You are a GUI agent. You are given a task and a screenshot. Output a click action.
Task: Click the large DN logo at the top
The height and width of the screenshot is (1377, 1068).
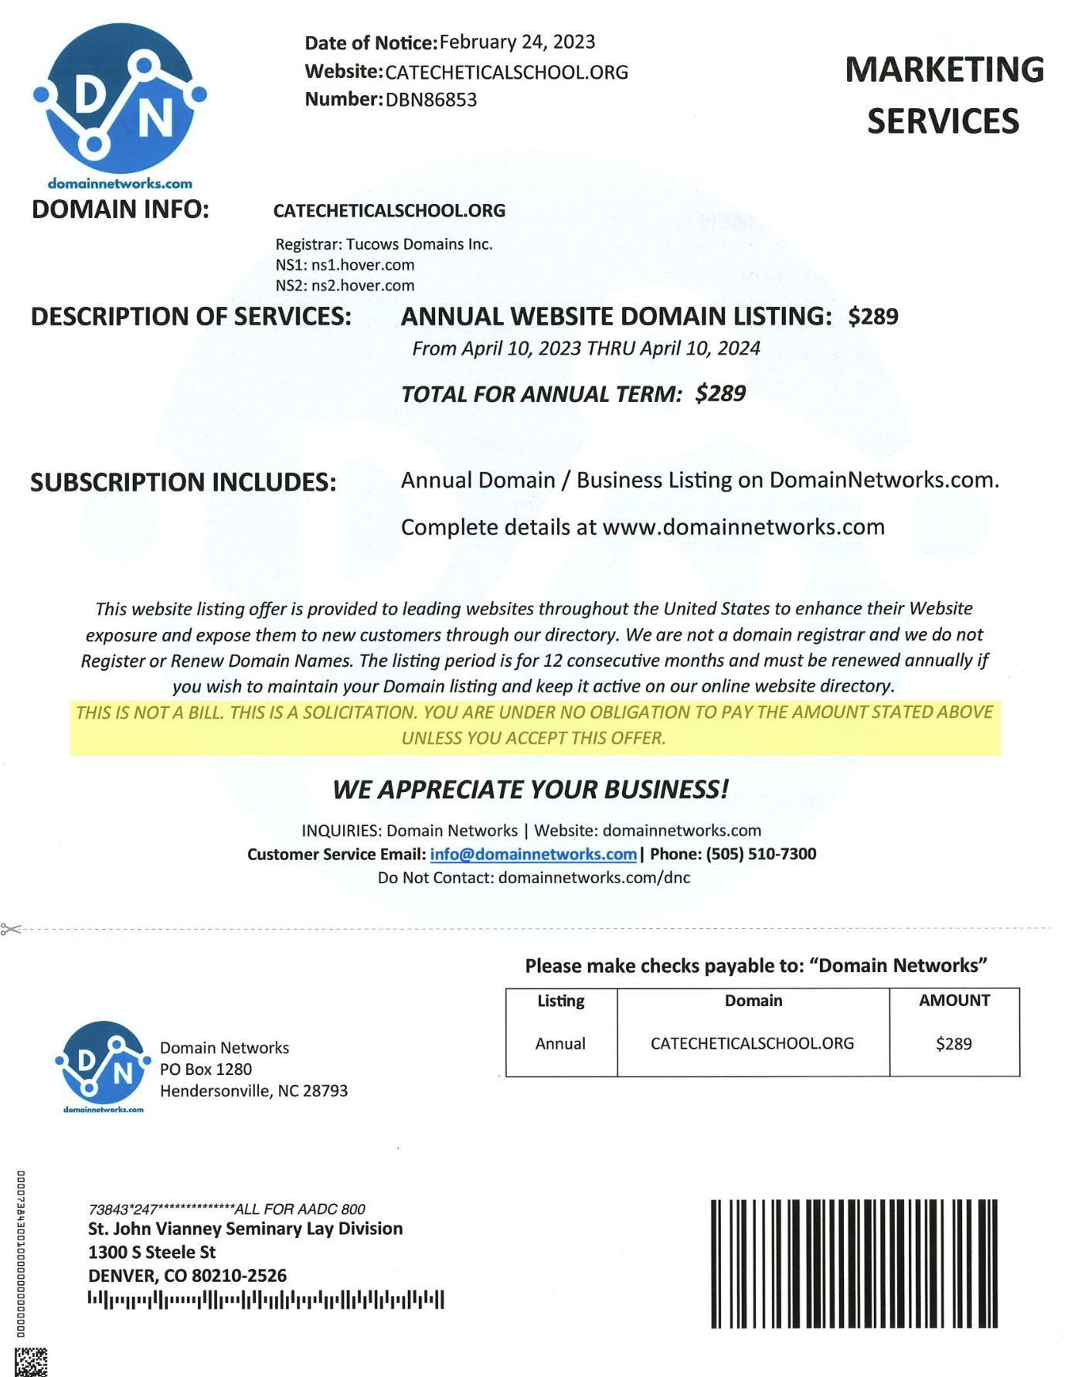[x=119, y=99]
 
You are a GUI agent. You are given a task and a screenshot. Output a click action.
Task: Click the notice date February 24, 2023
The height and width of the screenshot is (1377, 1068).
[x=517, y=42]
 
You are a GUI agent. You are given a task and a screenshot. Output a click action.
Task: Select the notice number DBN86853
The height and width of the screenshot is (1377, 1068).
[x=430, y=100]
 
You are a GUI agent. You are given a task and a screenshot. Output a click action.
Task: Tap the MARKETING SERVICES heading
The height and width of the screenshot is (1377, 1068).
[x=944, y=95]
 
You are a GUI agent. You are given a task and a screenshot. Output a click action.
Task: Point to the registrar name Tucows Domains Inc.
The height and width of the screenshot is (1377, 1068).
[x=419, y=244]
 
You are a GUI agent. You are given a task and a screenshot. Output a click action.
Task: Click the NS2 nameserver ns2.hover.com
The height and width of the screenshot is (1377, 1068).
[x=362, y=285]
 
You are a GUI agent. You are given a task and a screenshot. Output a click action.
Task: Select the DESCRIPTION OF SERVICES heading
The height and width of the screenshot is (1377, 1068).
[x=191, y=316]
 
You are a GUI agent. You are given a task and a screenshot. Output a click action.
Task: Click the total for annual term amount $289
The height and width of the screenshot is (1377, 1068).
[x=720, y=393]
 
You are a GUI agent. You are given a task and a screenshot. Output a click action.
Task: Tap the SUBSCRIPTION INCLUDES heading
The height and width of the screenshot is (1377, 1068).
[x=183, y=482]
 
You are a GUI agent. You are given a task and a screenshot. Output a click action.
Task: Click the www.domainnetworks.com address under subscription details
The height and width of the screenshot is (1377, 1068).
[x=743, y=527]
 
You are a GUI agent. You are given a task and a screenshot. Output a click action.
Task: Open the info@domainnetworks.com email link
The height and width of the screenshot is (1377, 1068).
[x=533, y=854]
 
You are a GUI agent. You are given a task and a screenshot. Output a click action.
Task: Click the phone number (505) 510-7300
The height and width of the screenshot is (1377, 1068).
[x=760, y=854]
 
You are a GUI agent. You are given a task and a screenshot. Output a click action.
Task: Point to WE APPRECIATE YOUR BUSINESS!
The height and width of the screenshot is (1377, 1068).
[x=530, y=789]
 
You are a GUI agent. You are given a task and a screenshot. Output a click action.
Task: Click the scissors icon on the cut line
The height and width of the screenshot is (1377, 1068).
[x=11, y=928]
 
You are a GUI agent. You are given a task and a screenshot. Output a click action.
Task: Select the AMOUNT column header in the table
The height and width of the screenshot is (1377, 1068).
[x=954, y=1001]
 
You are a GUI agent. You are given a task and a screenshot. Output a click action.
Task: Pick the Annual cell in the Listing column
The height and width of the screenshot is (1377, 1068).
[x=560, y=1043]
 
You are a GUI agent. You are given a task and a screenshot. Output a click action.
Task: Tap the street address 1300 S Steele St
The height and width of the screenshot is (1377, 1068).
[x=151, y=1252]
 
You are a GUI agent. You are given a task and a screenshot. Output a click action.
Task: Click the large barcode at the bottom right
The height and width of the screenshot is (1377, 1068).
[x=854, y=1263]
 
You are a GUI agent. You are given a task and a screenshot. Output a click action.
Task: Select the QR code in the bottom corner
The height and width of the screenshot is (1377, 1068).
[x=31, y=1362]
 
